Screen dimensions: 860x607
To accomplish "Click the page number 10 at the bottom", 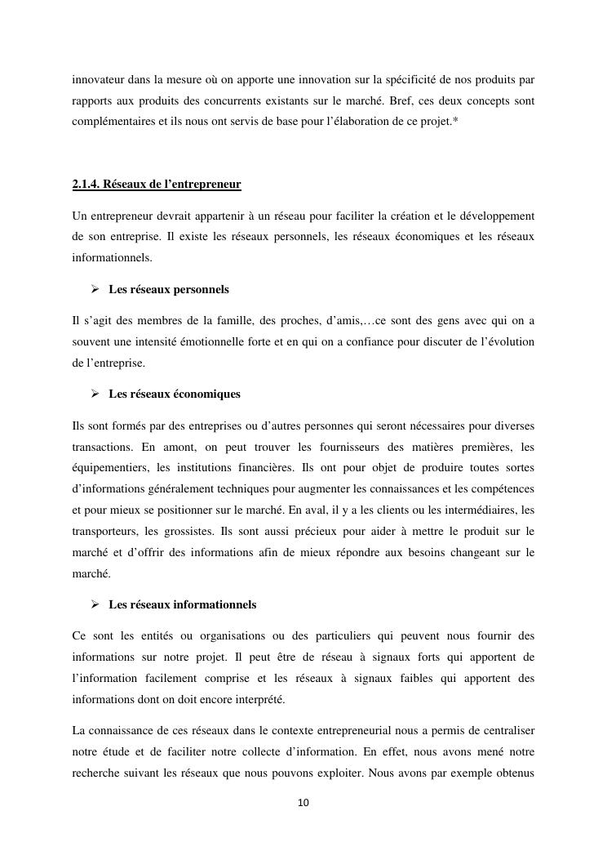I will (x=303, y=803).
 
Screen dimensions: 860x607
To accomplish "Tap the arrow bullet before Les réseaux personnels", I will (x=95, y=289).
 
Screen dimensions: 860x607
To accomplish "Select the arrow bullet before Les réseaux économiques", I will (x=95, y=394).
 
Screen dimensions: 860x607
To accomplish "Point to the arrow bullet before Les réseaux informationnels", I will (x=95, y=604).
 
